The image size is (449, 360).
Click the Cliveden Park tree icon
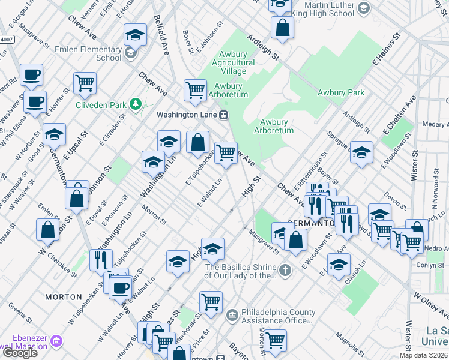[137, 105]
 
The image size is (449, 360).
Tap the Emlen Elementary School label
[88, 53]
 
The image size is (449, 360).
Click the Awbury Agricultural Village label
[234, 63]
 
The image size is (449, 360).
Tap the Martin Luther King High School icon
[363, 8]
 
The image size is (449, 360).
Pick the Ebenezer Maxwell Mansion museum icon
[57, 342]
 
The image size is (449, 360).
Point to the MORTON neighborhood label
[64, 297]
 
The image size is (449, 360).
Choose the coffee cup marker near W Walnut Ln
[120, 287]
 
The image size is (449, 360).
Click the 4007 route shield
[6, 40]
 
